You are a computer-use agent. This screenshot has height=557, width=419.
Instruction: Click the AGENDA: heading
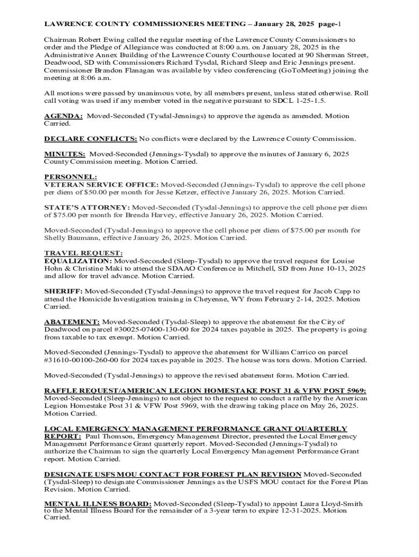(x=63, y=116)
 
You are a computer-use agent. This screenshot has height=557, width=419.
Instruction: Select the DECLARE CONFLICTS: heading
(x=90, y=139)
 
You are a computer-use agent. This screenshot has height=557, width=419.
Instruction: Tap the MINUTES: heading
(x=64, y=154)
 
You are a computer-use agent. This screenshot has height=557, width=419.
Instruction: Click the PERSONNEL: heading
(x=70, y=177)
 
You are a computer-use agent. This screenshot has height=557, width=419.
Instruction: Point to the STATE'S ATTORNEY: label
(x=87, y=208)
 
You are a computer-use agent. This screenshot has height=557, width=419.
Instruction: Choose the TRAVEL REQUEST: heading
(x=83, y=253)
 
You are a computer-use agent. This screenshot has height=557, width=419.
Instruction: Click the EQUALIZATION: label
(x=78, y=261)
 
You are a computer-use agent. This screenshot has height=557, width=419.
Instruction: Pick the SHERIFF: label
(x=63, y=292)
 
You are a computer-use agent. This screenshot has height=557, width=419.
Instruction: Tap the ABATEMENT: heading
(x=71, y=322)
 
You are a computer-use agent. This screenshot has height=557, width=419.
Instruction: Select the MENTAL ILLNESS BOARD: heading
(x=98, y=504)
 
